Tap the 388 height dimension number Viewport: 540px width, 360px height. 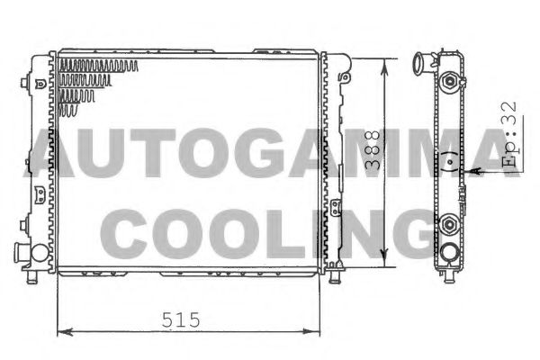371,154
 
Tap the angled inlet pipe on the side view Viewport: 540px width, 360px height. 419,66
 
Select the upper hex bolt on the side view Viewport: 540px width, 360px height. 447,83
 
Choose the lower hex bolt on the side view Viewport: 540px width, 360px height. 447,220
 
